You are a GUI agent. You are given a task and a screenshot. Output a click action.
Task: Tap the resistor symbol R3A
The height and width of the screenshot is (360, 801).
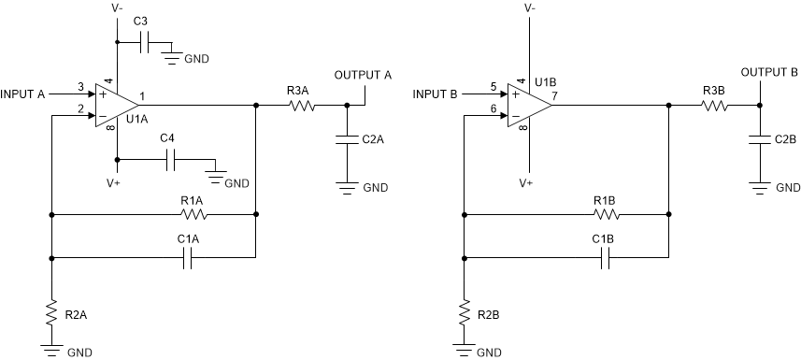coord(301,106)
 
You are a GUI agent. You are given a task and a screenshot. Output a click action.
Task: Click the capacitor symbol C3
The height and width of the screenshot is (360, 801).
coord(142,41)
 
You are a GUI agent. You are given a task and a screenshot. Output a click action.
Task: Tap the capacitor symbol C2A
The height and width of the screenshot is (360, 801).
coord(347,140)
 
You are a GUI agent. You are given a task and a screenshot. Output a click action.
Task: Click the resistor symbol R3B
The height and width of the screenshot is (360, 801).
coord(714,106)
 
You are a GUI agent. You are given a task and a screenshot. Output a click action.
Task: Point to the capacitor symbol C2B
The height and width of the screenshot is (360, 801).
coord(760,140)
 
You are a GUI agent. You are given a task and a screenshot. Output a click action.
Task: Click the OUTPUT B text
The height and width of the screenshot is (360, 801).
coord(769,72)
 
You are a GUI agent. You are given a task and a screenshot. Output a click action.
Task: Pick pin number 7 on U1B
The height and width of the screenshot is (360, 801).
coord(554,96)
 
